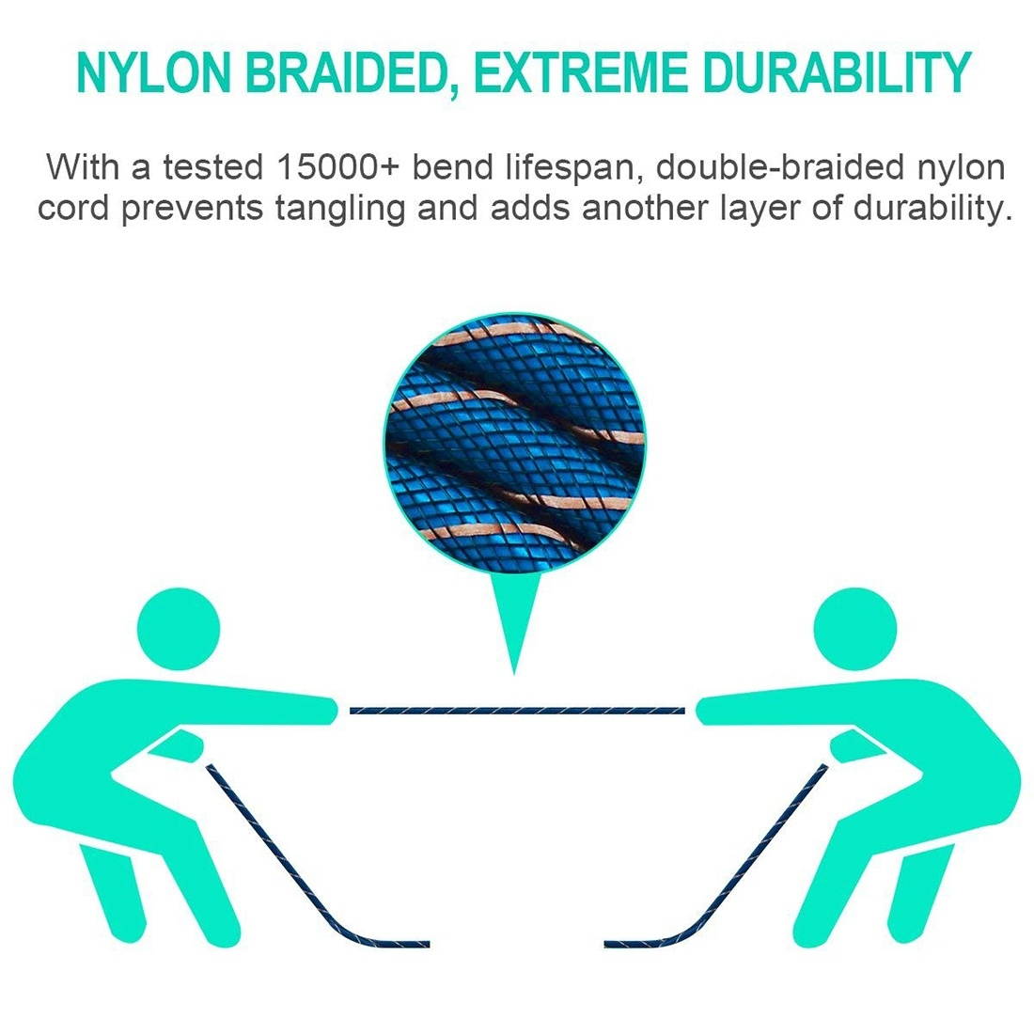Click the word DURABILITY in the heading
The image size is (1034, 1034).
tap(837, 73)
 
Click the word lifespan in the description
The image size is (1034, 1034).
tap(570, 169)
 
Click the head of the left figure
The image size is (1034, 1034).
tap(179, 625)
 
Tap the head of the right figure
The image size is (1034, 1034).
tap(854, 625)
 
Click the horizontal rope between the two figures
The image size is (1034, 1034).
tap(517, 710)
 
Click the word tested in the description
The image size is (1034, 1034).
tap(212, 169)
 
